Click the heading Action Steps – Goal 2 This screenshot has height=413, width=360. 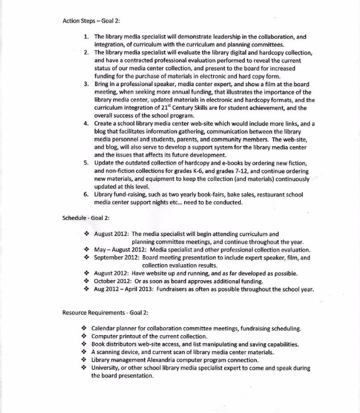pyautogui.click(x=91, y=21)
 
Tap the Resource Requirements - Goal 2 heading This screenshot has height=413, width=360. pyautogui.click(x=106, y=312)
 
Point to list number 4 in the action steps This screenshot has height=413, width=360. pyautogui.click(x=86, y=123)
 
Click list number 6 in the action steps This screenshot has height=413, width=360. pyautogui.click(x=86, y=194)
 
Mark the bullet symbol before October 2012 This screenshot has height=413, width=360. pyautogui.click(x=86, y=281)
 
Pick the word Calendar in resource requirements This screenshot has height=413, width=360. pyautogui.click(x=106, y=329)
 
